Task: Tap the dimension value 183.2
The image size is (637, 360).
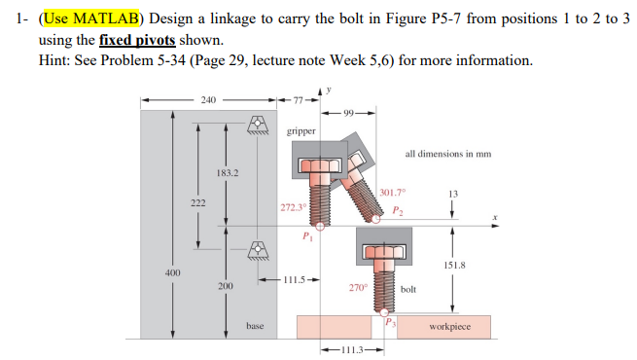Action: [227, 172]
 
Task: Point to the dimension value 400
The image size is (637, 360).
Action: [172, 274]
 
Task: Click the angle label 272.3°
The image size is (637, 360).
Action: [293, 207]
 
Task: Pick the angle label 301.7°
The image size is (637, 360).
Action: [395, 193]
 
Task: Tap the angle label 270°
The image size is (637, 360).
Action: [357, 287]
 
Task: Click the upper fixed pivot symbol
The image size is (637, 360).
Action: [257, 124]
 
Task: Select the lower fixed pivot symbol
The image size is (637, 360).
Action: [257, 251]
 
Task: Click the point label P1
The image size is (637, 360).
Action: [307, 235]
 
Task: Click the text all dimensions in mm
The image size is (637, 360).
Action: [447, 154]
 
